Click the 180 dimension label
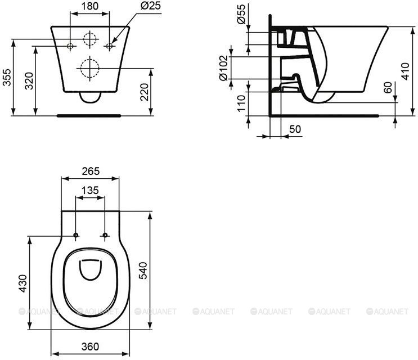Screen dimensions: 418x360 coord(90,6)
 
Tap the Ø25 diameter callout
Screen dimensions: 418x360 coord(151,5)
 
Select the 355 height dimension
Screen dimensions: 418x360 coord(7,77)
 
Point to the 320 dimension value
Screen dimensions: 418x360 coord(29,81)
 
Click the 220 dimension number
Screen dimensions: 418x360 coord(144,92)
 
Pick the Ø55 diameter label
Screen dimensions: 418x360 coord(241,15)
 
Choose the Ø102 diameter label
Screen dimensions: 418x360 coord(223,67)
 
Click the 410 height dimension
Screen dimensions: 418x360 coord(405,71)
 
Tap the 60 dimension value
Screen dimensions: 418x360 coord(388,88)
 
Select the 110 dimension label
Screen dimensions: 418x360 coord(241,103)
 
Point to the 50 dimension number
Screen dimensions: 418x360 coord(295,129)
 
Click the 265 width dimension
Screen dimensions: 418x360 coord(91,171)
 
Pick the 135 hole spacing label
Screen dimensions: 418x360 coord(90,191)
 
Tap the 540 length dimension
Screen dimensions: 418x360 coord(143,271)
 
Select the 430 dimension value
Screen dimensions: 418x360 coord(23,283)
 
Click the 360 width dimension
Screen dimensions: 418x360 coord(90,346)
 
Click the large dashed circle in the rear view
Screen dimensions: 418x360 coord(90,69)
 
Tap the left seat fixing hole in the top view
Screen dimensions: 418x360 coord(76,235)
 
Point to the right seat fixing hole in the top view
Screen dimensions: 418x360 coord(105,235)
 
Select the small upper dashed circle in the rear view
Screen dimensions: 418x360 coord(90,39)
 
